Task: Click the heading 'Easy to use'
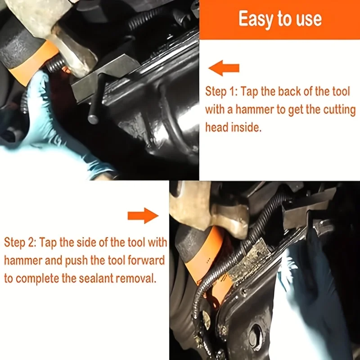[x=280, y=19]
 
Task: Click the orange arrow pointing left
[x=224, y=68]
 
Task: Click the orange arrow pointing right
[x=143, y=216]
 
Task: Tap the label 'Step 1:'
[x=219, y=92]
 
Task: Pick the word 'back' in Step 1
[x=289, y=91]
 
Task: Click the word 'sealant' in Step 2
[x=96, y=279]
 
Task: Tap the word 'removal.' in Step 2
[x=136, y=279]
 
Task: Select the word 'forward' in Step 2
[x=146, y=261]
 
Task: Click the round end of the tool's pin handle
[x=93, y=120]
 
